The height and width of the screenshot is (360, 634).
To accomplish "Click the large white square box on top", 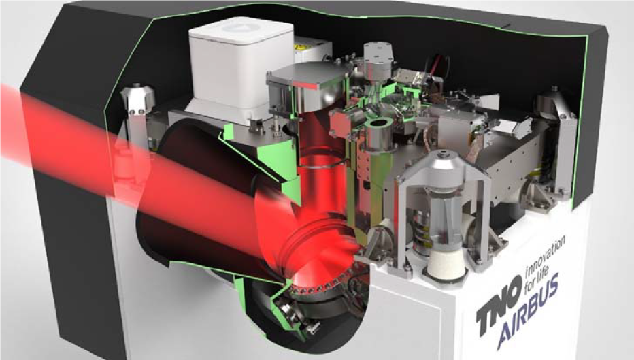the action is (x=241, y=71).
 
